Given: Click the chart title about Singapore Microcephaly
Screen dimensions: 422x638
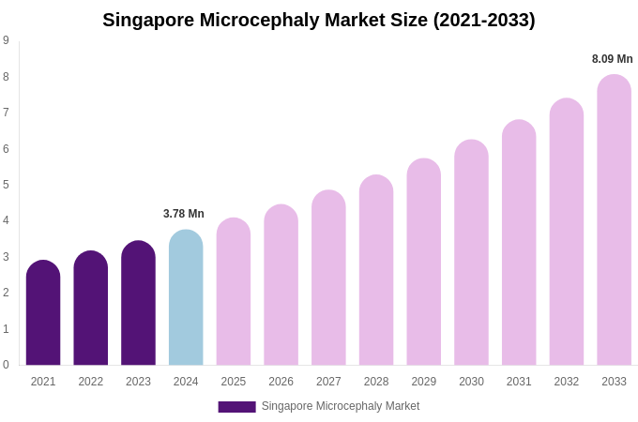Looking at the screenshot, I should [319, 20].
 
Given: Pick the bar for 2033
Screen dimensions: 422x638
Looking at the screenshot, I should [614, 220].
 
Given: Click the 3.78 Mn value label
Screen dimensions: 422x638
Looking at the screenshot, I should [184, 214].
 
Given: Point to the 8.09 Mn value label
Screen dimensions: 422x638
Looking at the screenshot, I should [612, 59].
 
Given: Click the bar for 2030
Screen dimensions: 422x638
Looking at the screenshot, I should [471, 253].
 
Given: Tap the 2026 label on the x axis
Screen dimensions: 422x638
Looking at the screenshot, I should [281, 382].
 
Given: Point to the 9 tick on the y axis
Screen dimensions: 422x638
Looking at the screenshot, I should [6, 40].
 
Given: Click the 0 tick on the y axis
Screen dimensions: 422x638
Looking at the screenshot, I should [6, 365].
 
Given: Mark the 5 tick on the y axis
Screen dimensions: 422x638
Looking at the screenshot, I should [6, 185].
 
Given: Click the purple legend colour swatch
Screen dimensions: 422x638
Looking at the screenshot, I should [236, 407].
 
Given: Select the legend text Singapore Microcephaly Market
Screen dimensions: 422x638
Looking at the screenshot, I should [341, 406].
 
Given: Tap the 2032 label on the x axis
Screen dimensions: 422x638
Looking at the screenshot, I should [566, 382].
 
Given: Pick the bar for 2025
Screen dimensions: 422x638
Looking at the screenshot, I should [234, 292].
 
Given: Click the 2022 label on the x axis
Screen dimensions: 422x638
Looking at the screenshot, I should [91, 382].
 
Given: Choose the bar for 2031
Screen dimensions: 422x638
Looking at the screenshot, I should [519, 243].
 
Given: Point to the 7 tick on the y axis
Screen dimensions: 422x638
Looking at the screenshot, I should [6, 113].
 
